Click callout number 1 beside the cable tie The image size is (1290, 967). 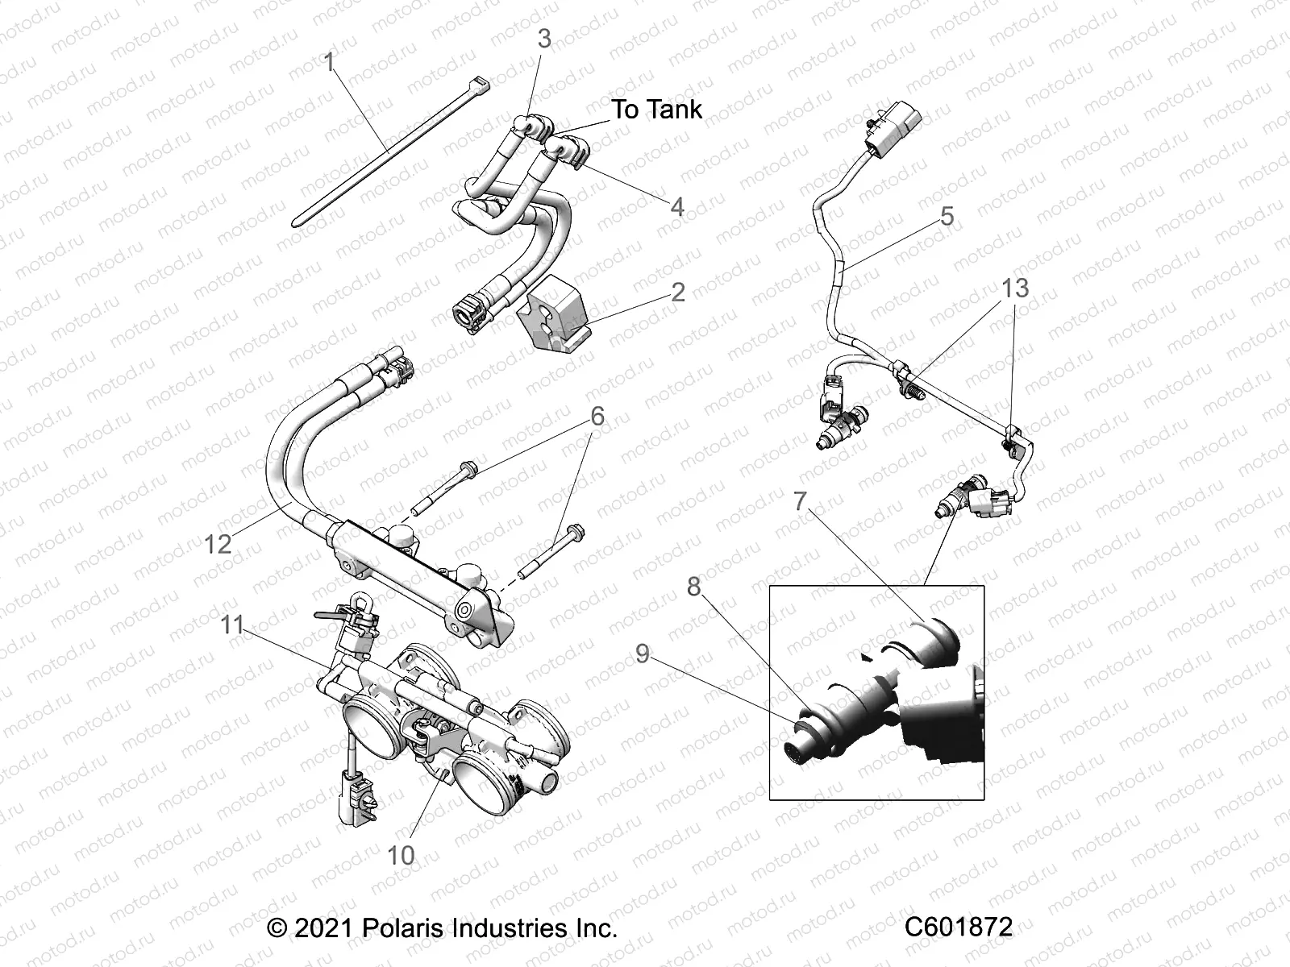tap(329, 63)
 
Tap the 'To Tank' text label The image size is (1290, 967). tap(656, 110)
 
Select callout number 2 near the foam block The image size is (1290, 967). tap(678, 292)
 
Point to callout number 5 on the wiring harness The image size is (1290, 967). tap(947, 216)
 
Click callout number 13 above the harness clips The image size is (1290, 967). tap(1016, 288)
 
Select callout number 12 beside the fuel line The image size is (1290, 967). tap(218, 544)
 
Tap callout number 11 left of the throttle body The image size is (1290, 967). tap(232, 625)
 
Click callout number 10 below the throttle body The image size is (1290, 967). tap(401, 855)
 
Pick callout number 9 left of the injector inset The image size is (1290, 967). tap(642, 654)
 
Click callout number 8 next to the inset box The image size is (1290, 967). tap(693, 587)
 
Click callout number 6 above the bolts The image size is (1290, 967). tap(597, 417)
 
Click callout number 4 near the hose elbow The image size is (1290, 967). tap(677, 207)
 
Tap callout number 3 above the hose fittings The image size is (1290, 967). tap(544, 38)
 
